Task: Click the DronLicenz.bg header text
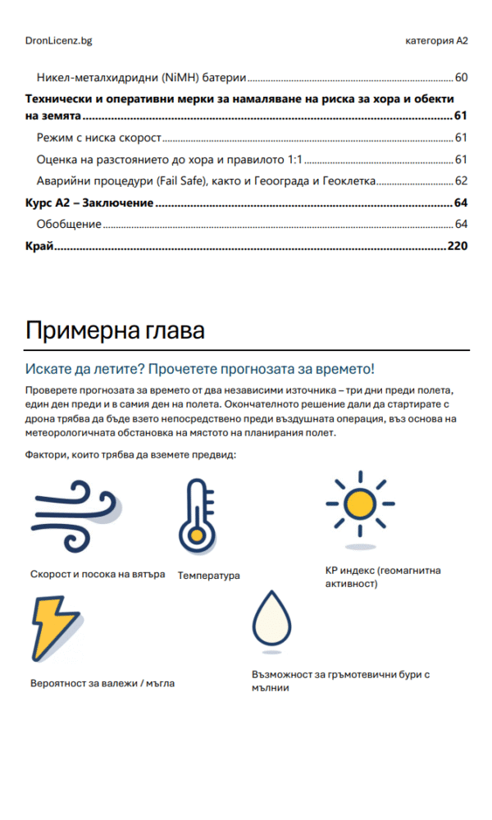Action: [x=58, y=40]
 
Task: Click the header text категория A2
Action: [x=436, y=40]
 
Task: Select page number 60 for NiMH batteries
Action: [x=461, y=78]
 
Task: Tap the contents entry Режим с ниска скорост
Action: [x=98, y=137]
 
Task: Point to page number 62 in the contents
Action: [x=461, y=180]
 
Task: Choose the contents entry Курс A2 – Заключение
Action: [x=89, y=203]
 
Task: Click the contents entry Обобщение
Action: [x=69, y=224]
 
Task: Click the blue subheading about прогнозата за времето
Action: [x=200, y=369]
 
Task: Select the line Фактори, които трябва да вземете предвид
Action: [x=130, y=454]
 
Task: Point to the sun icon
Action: [x=359, y=505]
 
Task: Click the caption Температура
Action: [x=209, y=576]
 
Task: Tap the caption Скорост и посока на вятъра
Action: [x=98, y=574]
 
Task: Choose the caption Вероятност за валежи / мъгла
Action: [x=102, y=682]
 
